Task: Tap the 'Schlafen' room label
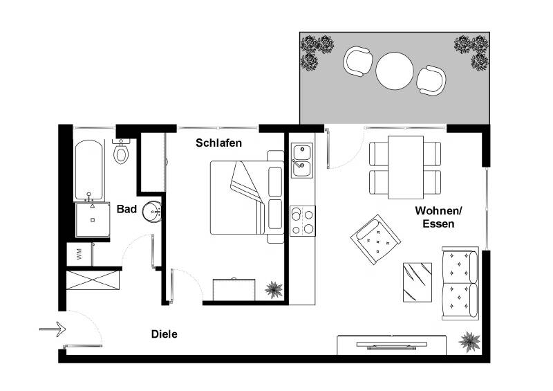pyautogui.click(x=218, y=143)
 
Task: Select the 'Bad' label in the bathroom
pyautogui.click(x=126, y=209)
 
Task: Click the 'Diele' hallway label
pyautogui.click(x=165, y=334)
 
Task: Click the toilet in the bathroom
pyautogui.click(x=121, y=152)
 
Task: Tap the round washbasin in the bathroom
pyautogui.click(x=152, y=212)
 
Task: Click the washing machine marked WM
pyautogui.click(x=79, y=253)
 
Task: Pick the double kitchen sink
pyautogui.click(x=302, y=158)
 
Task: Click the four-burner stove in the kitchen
pyautogui.click(x=302, y=221)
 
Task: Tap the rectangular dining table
pyautogui.click(x=406, y=167)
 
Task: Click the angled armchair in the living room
pyautogui.click(x=375, y=239)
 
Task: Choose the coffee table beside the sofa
pyautogui.click(x=418, y=282)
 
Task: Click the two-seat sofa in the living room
pyautogui.click(x=460, y=282)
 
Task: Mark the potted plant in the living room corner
pyautogui.click(x=470, y=341)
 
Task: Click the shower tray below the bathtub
pyautogui.click(x=92, y=219)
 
